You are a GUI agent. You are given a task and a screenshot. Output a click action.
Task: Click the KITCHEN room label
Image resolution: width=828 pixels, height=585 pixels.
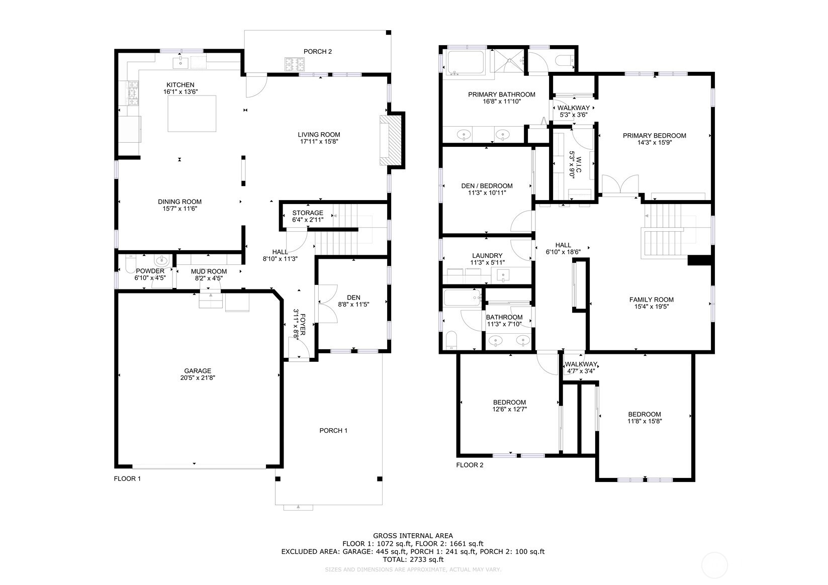(x=180, y=85)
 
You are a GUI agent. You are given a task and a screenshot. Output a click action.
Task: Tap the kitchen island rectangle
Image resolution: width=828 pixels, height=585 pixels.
(x=192, y=114)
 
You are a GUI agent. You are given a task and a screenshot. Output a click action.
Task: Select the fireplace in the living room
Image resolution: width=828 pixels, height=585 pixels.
(x=390, y=140)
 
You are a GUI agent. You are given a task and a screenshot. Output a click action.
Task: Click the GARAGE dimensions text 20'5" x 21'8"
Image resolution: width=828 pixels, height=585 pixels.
(x=198, y=377)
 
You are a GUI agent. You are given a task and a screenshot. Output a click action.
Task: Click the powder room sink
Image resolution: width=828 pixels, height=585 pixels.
(x=161, y=261)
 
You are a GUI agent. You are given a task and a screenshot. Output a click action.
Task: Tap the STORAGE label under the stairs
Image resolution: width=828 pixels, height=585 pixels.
(x=308, y=213)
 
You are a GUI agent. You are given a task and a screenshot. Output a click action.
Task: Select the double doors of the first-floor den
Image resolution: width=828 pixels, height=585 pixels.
(x=327, y=304)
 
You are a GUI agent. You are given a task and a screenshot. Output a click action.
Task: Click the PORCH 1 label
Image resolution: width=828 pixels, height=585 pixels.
(x=333, y=431)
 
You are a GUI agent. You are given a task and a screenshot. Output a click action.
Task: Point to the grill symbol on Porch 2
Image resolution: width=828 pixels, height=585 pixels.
(x=295, y=64)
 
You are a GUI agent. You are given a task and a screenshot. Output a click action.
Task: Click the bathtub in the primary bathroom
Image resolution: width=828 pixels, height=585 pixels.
(x=466, y=62)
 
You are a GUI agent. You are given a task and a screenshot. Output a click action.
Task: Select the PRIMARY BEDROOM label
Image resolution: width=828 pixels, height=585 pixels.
(x=654, y=136)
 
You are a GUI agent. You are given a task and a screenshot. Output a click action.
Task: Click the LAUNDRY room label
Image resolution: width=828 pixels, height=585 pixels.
(x=487, y=256)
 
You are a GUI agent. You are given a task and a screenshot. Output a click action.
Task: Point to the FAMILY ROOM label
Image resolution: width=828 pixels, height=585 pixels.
(x=652, y=300)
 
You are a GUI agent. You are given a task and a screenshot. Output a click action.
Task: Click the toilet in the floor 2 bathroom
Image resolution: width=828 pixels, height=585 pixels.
(x=451, y=340)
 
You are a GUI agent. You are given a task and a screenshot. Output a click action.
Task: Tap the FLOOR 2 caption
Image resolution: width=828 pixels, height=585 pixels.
(x=470, y=465)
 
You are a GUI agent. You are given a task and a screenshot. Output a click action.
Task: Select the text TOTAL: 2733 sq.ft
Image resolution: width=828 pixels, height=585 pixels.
(x=413, y=559)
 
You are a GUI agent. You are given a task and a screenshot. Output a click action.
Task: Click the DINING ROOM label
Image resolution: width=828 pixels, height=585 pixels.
(x=179, y=202)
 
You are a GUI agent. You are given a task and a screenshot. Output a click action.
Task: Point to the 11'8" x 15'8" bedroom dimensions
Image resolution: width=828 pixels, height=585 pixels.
(x=645, y=421)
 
